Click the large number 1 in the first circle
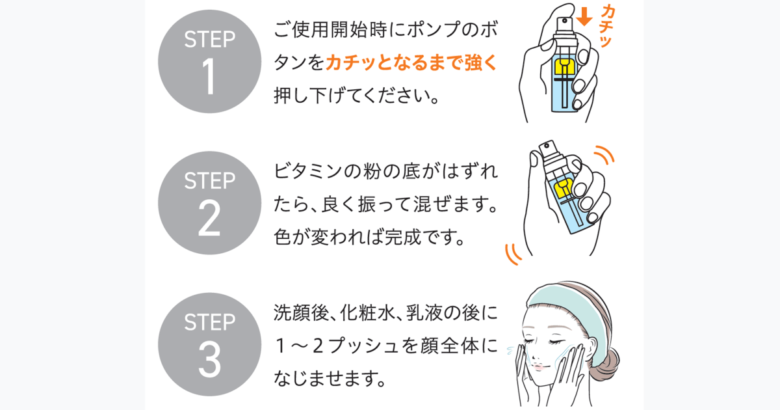[x=209, y=77]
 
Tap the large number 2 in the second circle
[x=209, y=219]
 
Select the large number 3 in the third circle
[x=209, y=360]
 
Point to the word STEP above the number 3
[x=209, y=322]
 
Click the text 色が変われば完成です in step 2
[x=369, y=238]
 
